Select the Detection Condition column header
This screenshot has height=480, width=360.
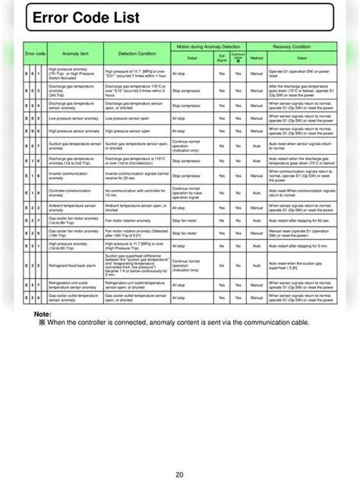(x=136, y=55)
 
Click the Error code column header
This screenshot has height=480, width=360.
(x=36, y=55)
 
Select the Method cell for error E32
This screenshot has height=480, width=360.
(x=256, y=264)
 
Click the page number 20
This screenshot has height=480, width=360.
(x=179, y=453)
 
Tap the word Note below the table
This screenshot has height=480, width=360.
(x=43, y=313)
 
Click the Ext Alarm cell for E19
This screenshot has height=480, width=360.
(x=222, y=191)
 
